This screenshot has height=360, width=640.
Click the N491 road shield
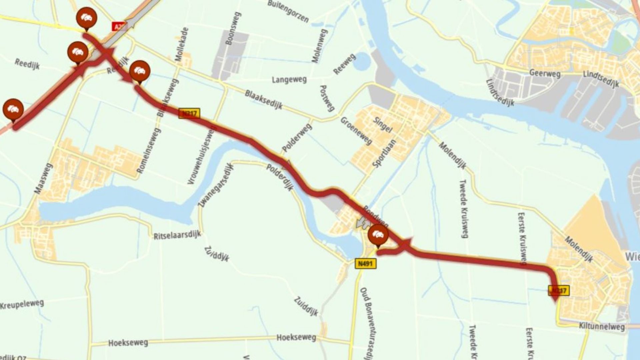(365, 264)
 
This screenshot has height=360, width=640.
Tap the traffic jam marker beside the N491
(378, 235)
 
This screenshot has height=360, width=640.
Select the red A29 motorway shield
(118, 27)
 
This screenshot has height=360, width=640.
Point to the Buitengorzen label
(288, 11)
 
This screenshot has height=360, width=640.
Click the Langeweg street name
(289, 80)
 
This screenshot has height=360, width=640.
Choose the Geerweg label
(545, 73)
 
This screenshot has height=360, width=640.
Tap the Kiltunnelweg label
(602, 326)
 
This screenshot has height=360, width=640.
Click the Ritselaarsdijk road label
(177, 235)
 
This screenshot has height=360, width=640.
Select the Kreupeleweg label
(22, 305)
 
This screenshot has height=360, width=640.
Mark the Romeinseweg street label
(149, 151)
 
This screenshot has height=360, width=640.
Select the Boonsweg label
(233, 29)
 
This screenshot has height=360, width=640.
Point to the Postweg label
(327, 98)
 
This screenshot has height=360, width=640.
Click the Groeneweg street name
(356, 130)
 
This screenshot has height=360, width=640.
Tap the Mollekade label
(182, 44)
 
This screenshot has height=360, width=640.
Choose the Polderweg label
(297, 138)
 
